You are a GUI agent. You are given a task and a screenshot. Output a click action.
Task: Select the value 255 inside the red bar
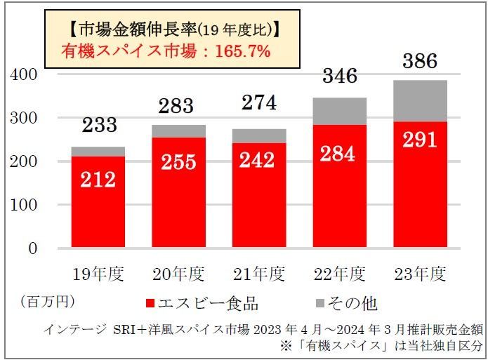point(178,161)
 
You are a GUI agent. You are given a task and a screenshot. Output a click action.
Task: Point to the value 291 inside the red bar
point(420,138)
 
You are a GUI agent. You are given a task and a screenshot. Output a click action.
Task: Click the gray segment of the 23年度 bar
point(420,101)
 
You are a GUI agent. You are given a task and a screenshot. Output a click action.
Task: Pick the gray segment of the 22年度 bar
point(340,111)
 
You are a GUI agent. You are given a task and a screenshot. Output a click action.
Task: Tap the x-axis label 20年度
point(178,273)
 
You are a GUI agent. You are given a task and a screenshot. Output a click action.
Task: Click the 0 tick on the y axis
point(32,248)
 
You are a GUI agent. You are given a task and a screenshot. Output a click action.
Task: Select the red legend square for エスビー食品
point(150,304)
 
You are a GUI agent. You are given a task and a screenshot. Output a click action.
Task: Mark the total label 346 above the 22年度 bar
point(340,75)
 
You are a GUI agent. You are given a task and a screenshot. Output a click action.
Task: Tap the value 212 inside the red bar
point(98,180)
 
